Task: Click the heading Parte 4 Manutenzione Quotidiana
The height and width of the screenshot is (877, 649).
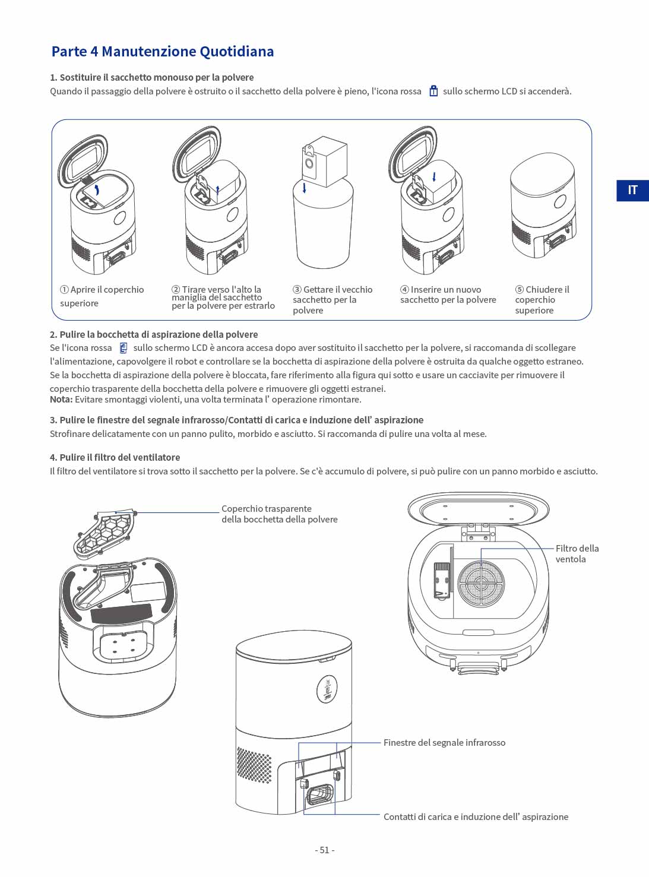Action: pos(163,52)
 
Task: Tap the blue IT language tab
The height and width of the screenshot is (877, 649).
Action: pos(632,191)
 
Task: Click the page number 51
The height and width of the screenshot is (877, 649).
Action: pos(325,850)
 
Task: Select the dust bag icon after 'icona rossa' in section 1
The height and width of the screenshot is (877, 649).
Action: pos(433,91)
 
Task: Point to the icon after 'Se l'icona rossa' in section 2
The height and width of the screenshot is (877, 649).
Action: pos(124,347)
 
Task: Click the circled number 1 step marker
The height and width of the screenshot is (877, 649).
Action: pos(64,289)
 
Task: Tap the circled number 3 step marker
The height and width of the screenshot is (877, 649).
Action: pos(297,289)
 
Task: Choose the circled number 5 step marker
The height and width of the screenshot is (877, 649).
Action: pos(520,289)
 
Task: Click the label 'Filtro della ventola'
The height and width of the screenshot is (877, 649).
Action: pos(577,553)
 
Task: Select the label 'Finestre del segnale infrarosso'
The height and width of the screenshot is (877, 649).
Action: pos(445,743)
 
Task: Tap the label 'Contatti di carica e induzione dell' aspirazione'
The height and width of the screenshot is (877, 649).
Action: pos(476,817)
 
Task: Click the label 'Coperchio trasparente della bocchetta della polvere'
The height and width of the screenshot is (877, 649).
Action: pos(280,514)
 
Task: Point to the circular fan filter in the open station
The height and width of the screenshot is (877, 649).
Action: pos(481,584)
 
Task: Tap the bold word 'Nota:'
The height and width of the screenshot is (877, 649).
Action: pos(61,400)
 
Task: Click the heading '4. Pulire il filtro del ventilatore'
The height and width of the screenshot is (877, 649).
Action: pos(115,457)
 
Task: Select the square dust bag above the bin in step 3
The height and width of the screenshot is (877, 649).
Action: pos(325,162)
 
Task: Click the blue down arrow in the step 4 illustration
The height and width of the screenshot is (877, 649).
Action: pos(434,177)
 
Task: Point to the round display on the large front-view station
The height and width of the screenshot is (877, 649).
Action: pos(327,689)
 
